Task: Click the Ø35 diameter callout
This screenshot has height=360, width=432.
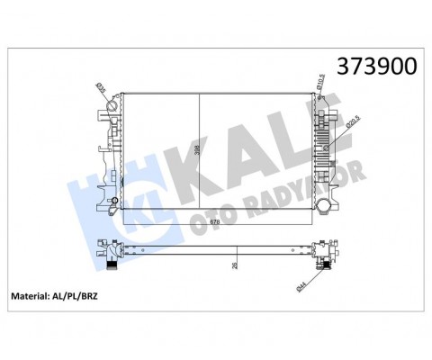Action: [x=101, y=91]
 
